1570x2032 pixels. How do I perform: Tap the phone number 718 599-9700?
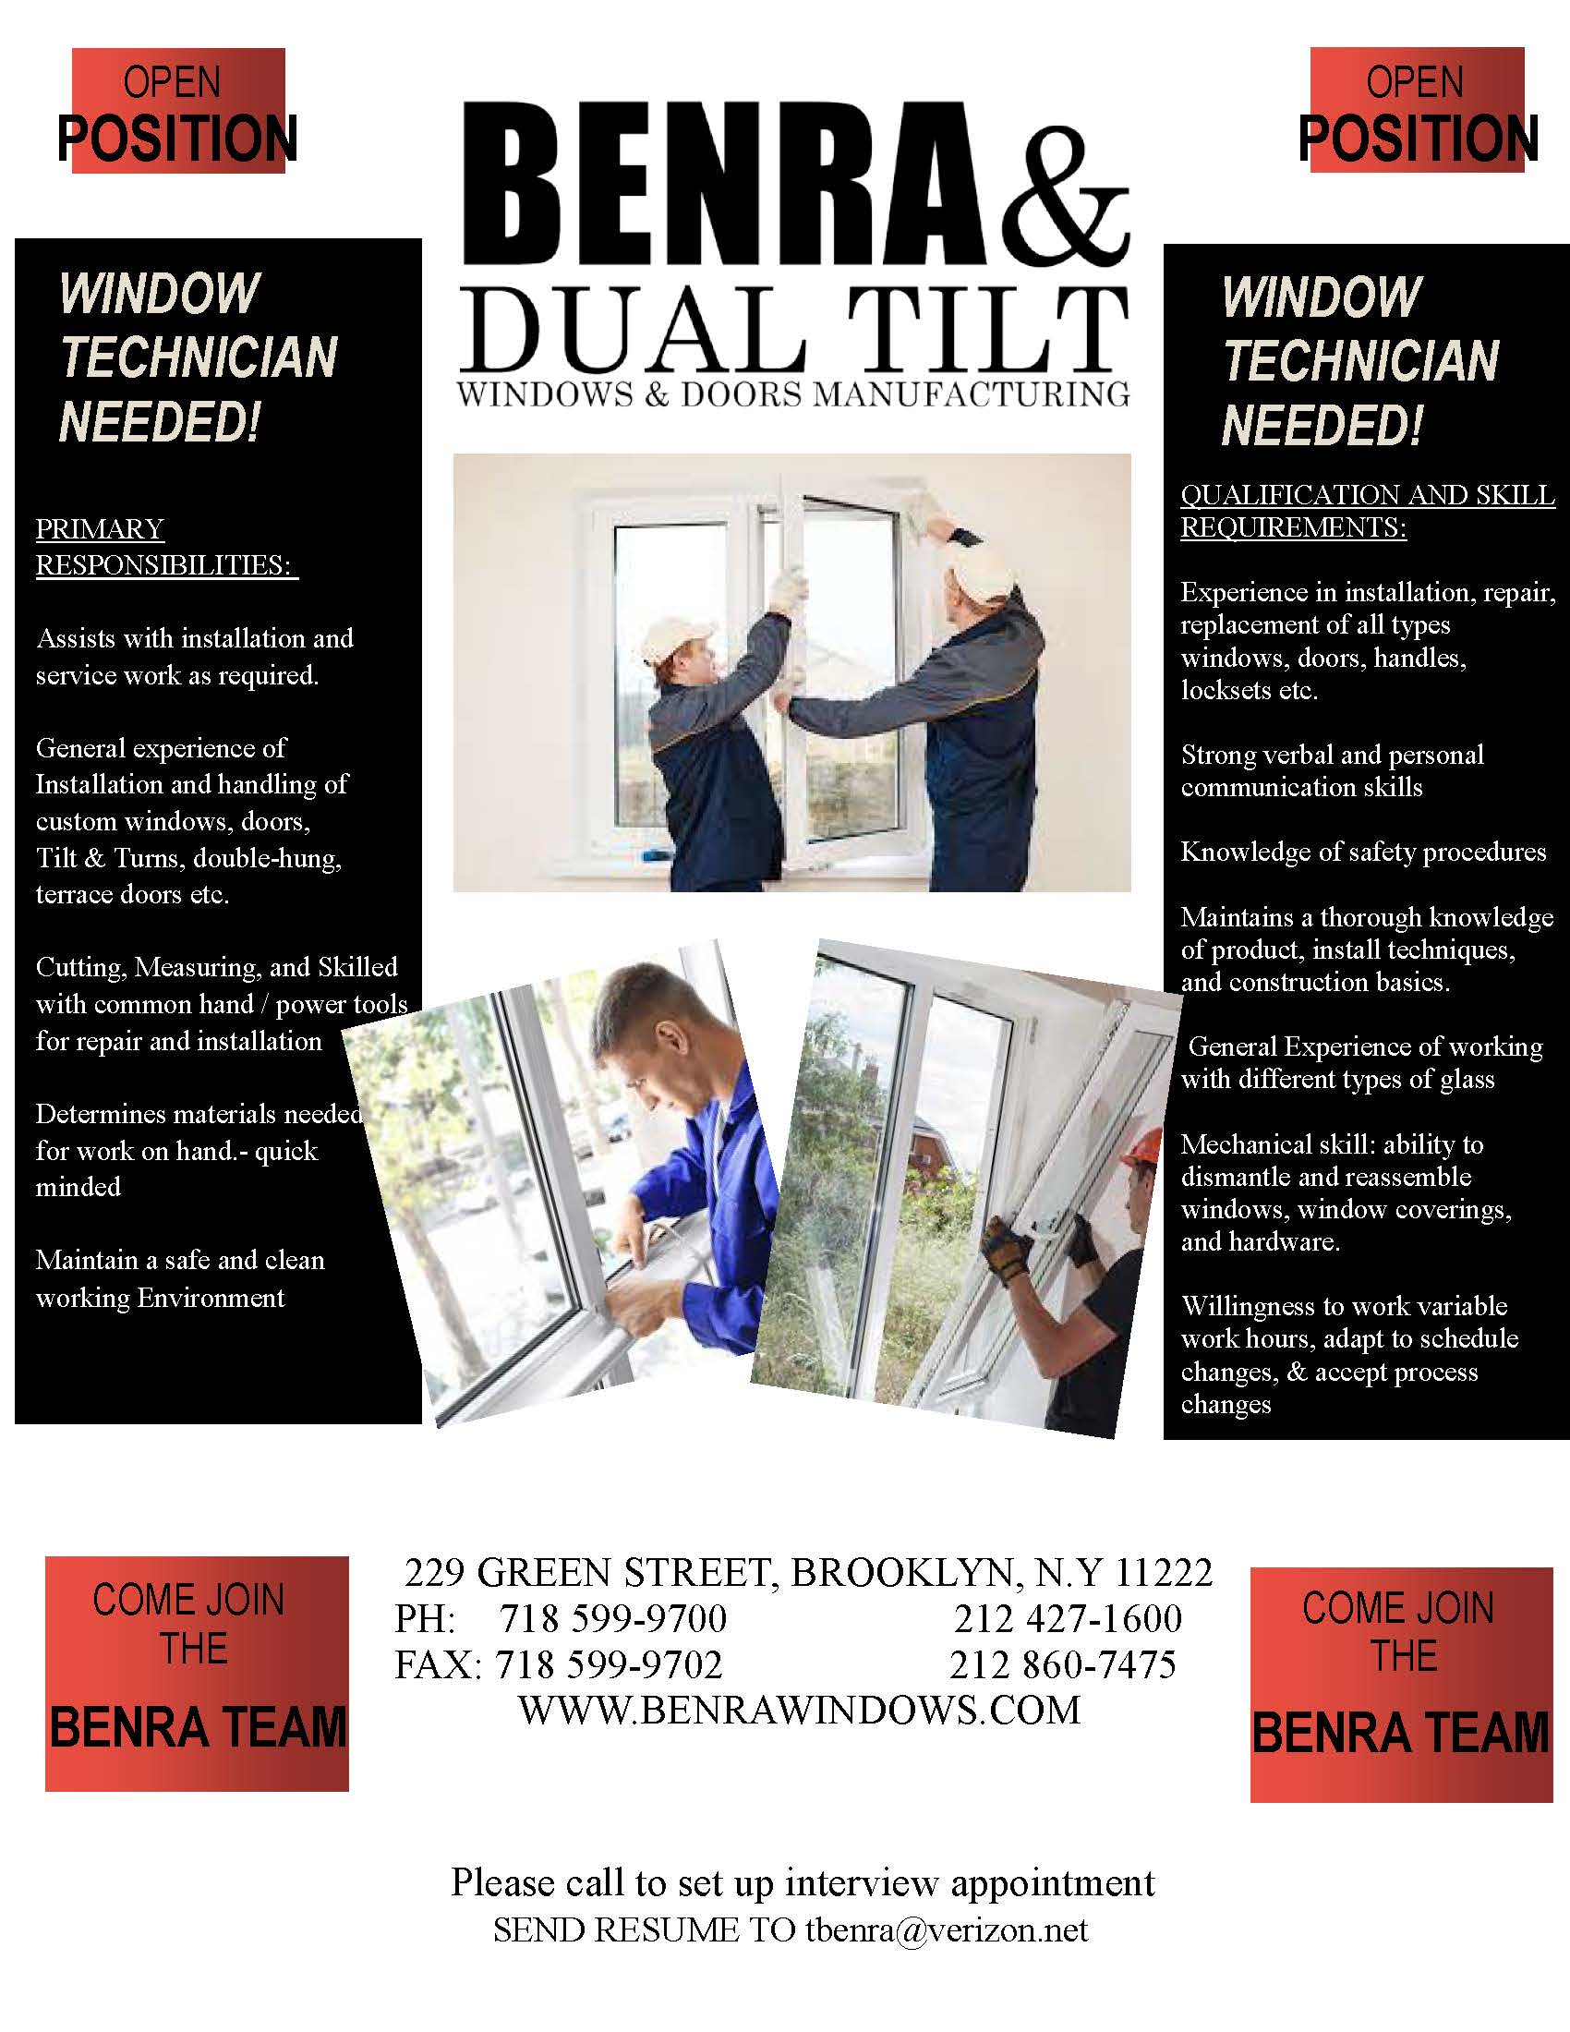click(x=613, y=1619)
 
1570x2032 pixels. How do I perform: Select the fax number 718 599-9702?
click(x=610, y=1664)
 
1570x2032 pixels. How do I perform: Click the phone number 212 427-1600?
click(x=1067, y=1619)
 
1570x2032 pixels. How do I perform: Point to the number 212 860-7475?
click(x=1062, y=1664)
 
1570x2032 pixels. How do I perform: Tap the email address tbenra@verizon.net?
click(x=947, y=1929)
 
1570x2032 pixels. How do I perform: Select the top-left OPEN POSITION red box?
click(x=177, y=112)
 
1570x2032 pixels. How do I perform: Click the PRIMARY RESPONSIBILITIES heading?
click(x=165, y=547)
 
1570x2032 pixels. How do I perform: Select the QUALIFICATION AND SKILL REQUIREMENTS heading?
click(x=1366, y=511)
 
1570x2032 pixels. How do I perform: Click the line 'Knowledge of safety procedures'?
click(x=1362, y=853)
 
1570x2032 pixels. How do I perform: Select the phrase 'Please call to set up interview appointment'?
click(x=802, y=1883)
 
